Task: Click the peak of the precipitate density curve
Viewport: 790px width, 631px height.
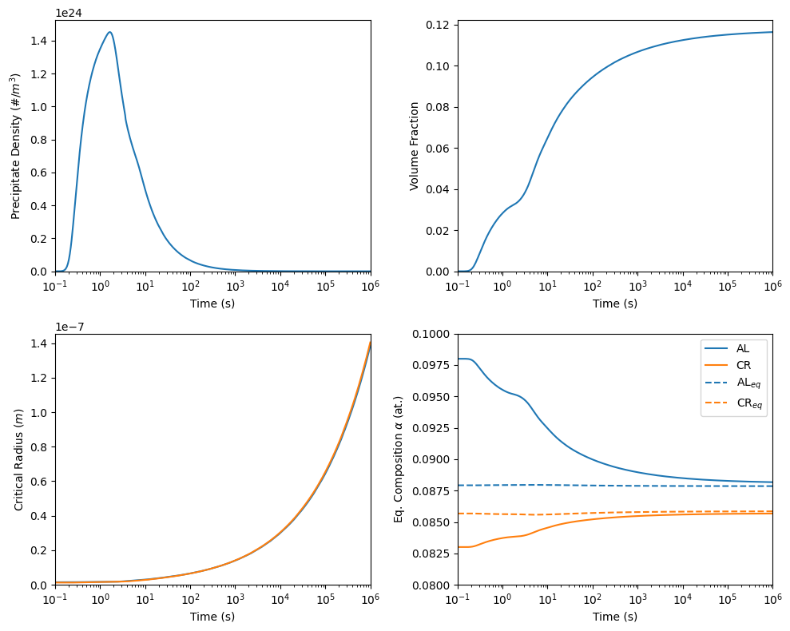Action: pos(109,33)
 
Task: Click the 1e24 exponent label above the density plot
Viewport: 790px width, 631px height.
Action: pos(69,13)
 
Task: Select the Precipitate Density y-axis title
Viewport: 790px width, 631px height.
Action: pos(15,146)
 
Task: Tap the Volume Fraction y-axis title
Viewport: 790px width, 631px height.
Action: pos(415,146)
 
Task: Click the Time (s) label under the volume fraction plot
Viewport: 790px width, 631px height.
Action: pos(615,304)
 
